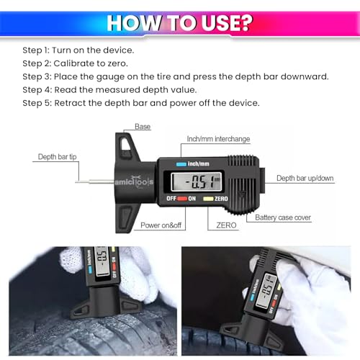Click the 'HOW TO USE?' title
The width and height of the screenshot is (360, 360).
pyautogui.click(x=179, y=22)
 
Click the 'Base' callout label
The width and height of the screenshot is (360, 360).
pyautogui.click(x=143, y=127)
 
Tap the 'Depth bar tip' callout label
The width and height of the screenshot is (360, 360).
pyautogui.click(x=57, y=156)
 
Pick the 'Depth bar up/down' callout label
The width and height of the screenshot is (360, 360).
pyautogui.click(x=305, y=178)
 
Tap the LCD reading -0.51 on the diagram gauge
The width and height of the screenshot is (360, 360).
pyautogui.click(x=194, y=180)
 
